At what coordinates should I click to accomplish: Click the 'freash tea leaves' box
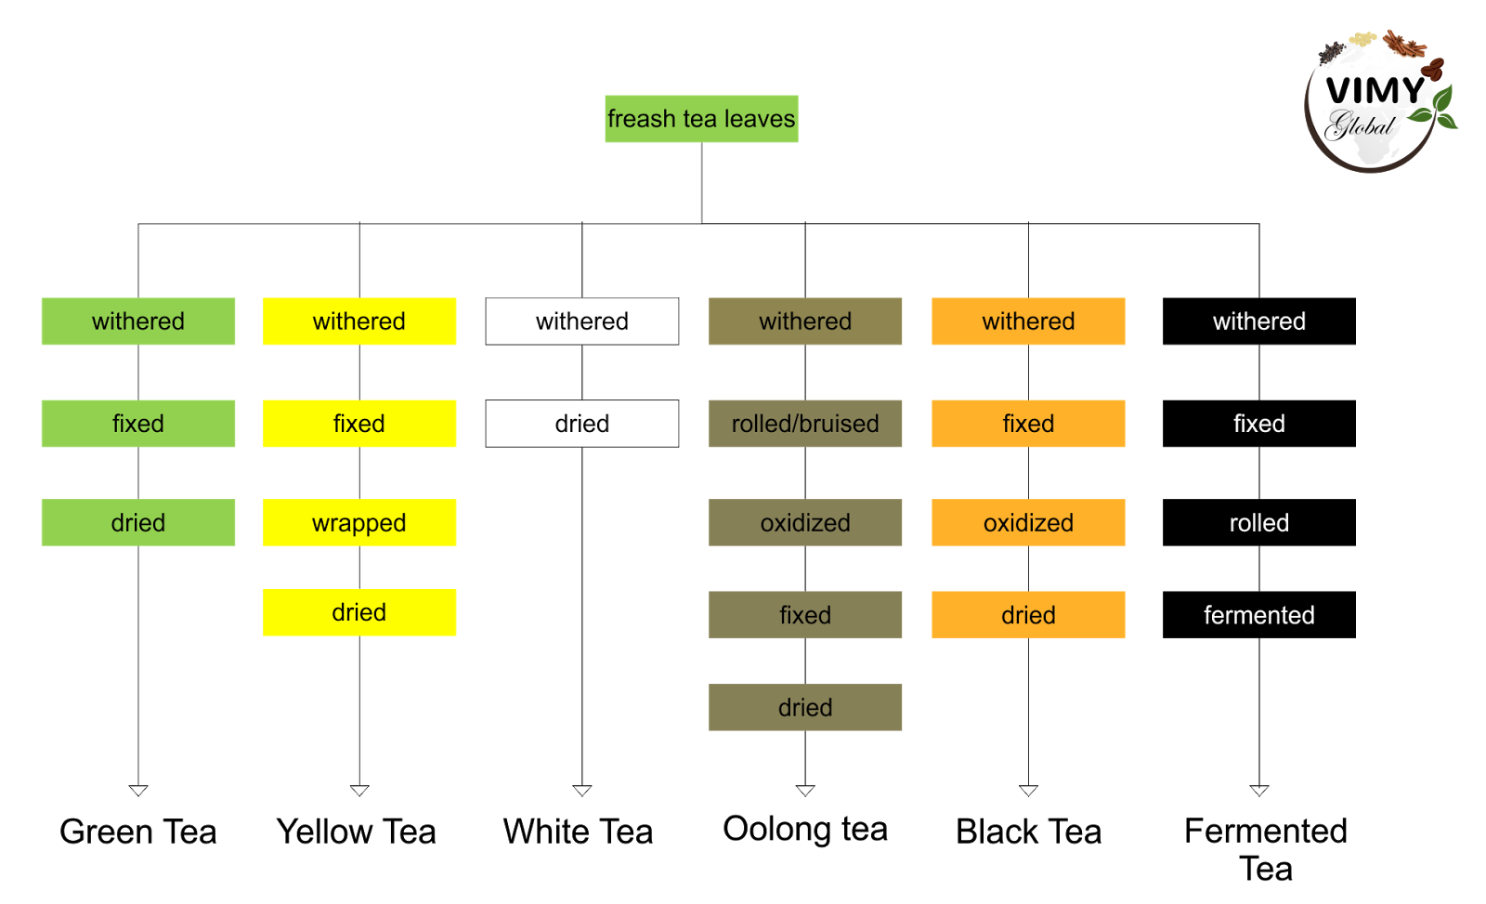click(701, 119)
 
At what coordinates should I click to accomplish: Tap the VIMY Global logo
click(1376, 100)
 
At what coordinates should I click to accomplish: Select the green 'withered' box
click(138, 321)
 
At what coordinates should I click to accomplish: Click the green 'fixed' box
click(138, 424)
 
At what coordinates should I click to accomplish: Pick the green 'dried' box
click(138, 523)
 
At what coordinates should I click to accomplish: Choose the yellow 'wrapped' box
click(359, 523)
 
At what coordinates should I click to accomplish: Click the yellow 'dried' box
click(359, 613)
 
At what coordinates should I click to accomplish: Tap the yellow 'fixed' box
click(359, 424)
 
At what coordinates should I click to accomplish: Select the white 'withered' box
click(582, 321)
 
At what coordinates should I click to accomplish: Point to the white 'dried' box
click(582, 424)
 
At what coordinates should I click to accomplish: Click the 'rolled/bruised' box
click(805, 424)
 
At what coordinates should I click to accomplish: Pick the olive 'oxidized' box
click(805, 523)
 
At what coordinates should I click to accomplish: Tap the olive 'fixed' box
click(805, 615)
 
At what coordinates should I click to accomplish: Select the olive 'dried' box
click(805, 708)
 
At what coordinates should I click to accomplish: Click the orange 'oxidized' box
click(1028, 523)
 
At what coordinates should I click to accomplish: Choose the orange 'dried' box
click(1028, 615)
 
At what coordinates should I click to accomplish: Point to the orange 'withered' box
click(1028, 321)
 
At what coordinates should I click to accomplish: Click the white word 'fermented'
click(1258, 615)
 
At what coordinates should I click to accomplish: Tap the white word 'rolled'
click(1258, 523)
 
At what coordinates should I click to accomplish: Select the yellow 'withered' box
click(359, 321)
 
